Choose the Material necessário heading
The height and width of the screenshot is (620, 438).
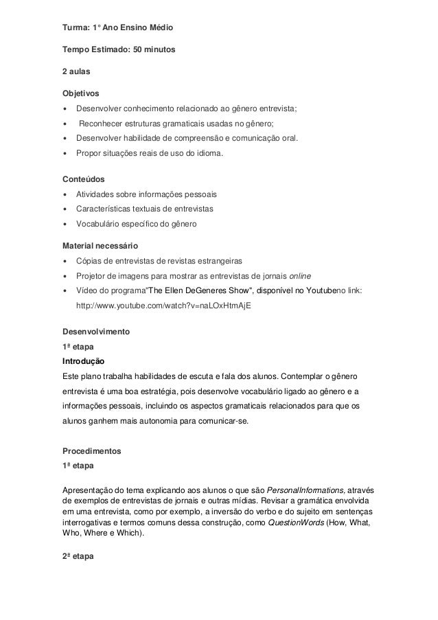click(x=100, y=244)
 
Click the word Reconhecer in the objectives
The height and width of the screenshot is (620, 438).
click(x=104, y=124)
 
